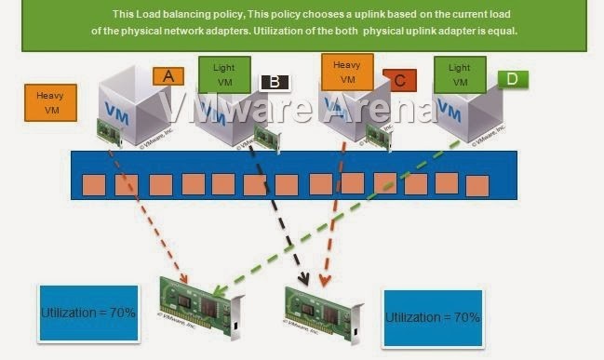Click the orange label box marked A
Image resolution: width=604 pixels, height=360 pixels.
[168, 75]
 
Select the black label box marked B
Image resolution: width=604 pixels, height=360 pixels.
[274, 81]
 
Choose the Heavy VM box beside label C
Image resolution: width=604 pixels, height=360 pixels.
[347, 71]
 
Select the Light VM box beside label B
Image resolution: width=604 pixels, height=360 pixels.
[224, 75]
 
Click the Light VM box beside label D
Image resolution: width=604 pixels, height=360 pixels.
[460, 74]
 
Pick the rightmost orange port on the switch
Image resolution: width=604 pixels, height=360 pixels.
[477, 183]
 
